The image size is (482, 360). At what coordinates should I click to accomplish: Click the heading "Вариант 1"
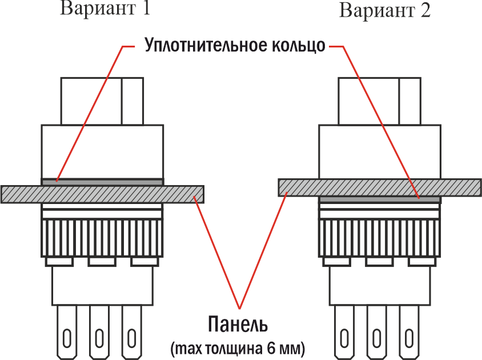tap(105, 8)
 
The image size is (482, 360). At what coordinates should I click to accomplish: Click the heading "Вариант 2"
tap(384, 10)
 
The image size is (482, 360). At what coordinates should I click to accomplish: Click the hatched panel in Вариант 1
tap(102, 194)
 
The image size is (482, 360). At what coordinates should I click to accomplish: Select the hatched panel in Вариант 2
tap(380, 187)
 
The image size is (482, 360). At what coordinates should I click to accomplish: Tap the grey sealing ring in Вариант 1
tap(102, 182)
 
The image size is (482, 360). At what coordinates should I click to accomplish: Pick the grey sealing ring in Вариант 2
tap(380, 199)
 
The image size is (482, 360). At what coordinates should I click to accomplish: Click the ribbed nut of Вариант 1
tap(102, 238)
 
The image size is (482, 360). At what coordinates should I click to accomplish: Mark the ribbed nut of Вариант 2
tap(380, 238)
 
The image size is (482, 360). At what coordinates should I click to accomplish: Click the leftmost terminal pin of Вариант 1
tap(67, 333)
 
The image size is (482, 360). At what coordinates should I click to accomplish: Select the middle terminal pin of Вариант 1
tap(99, 333)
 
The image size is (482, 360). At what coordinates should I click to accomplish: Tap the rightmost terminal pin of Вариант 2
tap(409, 333)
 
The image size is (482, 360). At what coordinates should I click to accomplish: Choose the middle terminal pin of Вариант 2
tap(376, 333)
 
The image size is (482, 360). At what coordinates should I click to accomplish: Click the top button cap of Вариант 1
tap(102, 101)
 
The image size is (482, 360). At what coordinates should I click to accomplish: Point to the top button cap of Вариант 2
tap(380, 101)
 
